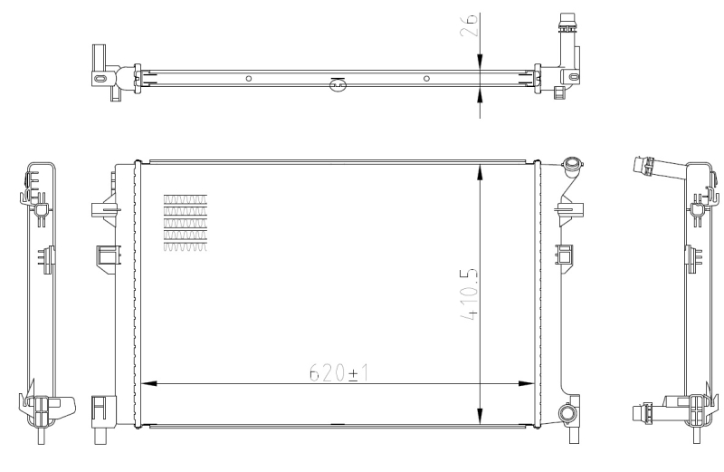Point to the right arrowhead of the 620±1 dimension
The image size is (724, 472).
click(530, 383)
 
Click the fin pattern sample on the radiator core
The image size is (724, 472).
click(185, 221)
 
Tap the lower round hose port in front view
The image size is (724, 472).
click(567, 415)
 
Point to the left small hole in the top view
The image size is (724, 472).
click(249, 78)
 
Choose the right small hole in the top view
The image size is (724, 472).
click(425, 78)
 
